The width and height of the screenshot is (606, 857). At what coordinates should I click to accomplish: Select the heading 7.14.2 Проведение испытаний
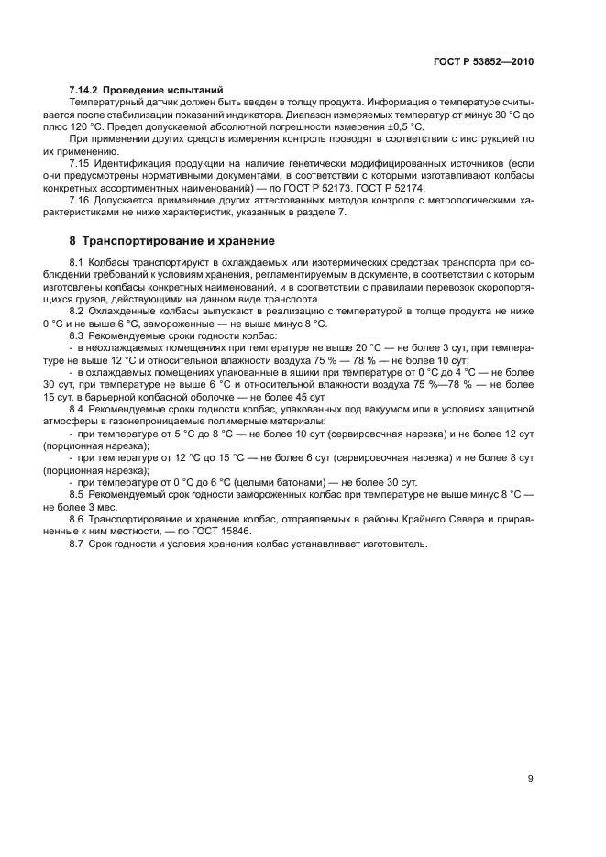(147, 90)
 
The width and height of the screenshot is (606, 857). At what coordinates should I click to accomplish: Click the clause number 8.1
(78, 263)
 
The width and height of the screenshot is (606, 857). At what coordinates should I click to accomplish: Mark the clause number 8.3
(78, 336)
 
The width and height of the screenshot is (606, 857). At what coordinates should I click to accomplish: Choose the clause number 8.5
(78, 494)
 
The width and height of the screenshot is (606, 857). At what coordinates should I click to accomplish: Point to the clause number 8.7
(78, 544)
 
